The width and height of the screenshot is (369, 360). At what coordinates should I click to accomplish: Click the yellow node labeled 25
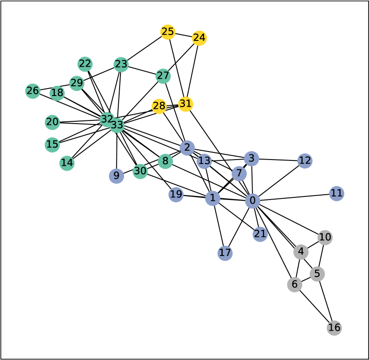coord(168,32)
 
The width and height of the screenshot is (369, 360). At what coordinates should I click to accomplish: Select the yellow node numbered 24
coord(199,38)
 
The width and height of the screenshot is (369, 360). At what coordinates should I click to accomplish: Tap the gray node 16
coord(334,328)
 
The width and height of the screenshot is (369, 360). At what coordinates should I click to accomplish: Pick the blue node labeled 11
coord(337,193)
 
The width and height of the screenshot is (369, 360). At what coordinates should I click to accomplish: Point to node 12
coord(305,160)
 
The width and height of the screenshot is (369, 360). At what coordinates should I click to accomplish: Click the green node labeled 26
coord(32,91)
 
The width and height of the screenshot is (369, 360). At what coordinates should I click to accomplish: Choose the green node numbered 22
coord(85,64)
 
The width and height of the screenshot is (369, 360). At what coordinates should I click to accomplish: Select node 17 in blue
coord(225,253)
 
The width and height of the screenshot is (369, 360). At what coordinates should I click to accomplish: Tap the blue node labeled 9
coord(116,176)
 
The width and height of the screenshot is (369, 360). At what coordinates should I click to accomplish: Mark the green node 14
coord(67,163)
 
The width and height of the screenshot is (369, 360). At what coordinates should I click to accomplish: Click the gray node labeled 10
coord(325,237)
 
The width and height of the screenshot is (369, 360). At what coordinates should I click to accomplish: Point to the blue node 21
coord(260,234)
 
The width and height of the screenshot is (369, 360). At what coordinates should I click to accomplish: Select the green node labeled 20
coord(52,122)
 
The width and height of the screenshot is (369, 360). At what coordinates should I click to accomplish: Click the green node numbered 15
coord(52,144)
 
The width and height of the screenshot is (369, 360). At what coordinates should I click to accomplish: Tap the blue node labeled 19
coord(176,194)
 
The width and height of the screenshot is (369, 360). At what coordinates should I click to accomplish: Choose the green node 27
coord(163,76)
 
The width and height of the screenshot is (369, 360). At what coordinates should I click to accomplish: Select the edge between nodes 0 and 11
coord(294,197)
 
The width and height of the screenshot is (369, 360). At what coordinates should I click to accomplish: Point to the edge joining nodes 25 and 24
coord(183,35)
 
